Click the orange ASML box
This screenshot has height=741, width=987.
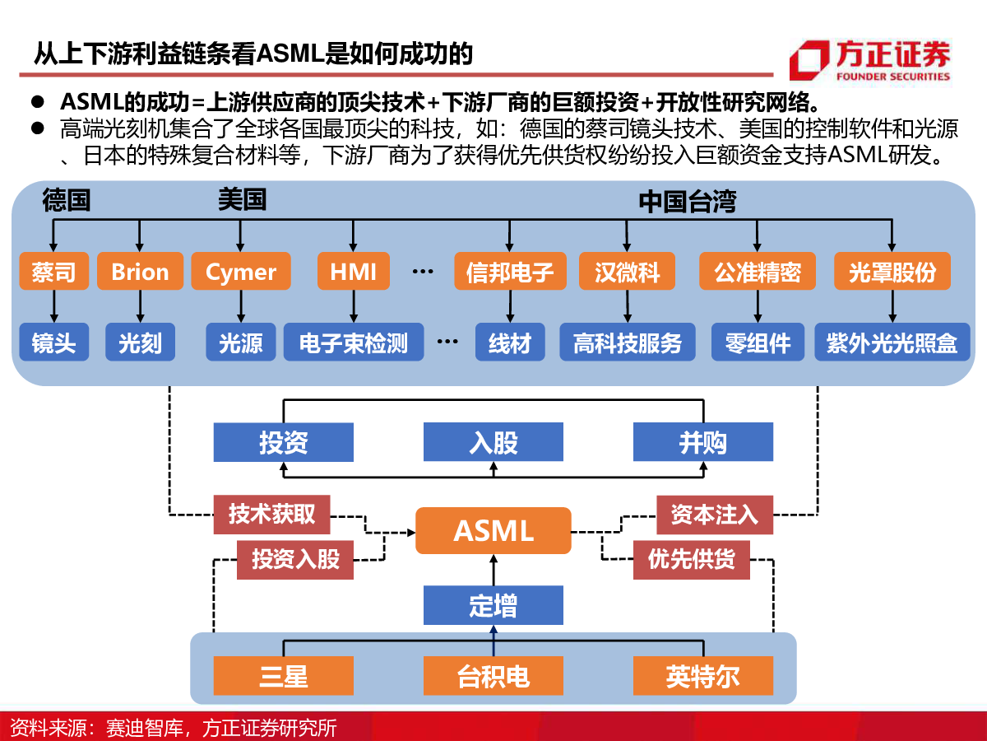493,530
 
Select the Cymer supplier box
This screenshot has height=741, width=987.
241,272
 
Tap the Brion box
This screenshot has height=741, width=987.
140,272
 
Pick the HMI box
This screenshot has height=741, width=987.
354,272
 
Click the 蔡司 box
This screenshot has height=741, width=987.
54,272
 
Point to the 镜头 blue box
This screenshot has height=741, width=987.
54,342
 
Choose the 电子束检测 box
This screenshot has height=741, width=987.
354,342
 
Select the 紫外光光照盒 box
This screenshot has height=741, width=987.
892,342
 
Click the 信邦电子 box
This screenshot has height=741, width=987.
510,272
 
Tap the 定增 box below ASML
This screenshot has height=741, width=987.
493,605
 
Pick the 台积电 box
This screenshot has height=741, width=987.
493,676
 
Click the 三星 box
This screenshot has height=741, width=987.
283,676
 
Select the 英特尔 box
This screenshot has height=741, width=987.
703,676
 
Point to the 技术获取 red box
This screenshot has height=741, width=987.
271,515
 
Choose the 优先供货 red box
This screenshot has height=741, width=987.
692,560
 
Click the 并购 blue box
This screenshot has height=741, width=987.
703,442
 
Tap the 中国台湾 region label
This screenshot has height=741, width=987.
688,201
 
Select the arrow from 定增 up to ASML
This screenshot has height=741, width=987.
493,570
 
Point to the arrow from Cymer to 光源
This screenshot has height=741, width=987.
241,306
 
